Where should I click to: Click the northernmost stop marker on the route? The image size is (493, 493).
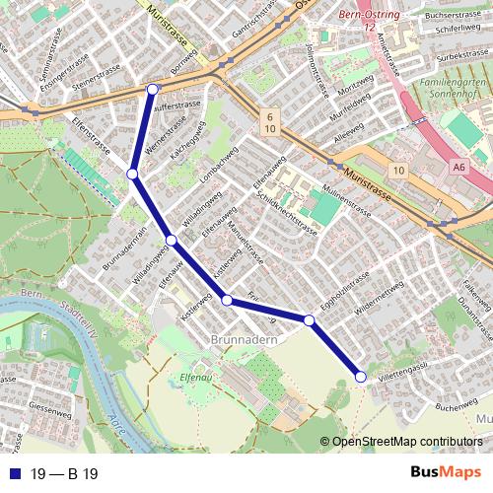click(152, 90)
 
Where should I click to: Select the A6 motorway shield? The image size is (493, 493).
click(459, 168)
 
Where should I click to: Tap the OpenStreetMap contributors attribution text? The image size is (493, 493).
click(407, 442)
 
